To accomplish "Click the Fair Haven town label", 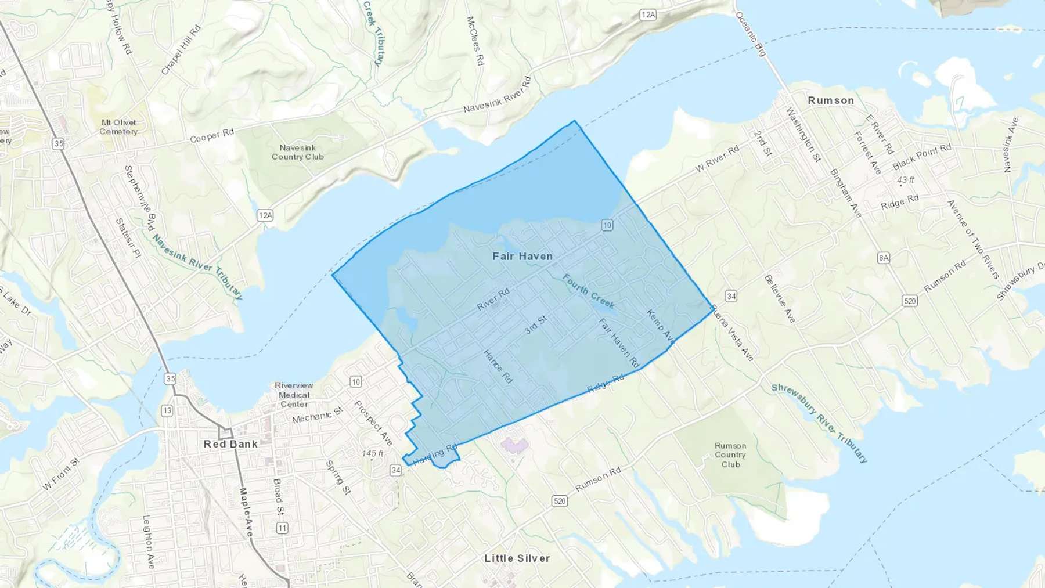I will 522,256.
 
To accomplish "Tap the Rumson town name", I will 831,100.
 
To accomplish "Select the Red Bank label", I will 230,444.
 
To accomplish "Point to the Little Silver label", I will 517,558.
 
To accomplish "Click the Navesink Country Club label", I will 298,152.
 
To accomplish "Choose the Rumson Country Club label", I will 730,455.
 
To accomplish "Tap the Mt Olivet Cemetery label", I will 118,127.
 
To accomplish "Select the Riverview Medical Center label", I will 294,395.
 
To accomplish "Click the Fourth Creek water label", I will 588,291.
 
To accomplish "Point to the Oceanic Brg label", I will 751,34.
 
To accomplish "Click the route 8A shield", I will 883,258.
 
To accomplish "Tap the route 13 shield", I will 167,410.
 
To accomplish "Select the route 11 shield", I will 282,528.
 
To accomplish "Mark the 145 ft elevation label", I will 373,453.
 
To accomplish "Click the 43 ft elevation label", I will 905,180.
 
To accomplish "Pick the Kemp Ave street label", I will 660,326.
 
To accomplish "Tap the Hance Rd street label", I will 498,366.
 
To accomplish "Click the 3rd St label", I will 536,325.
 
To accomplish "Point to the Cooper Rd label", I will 212,135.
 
